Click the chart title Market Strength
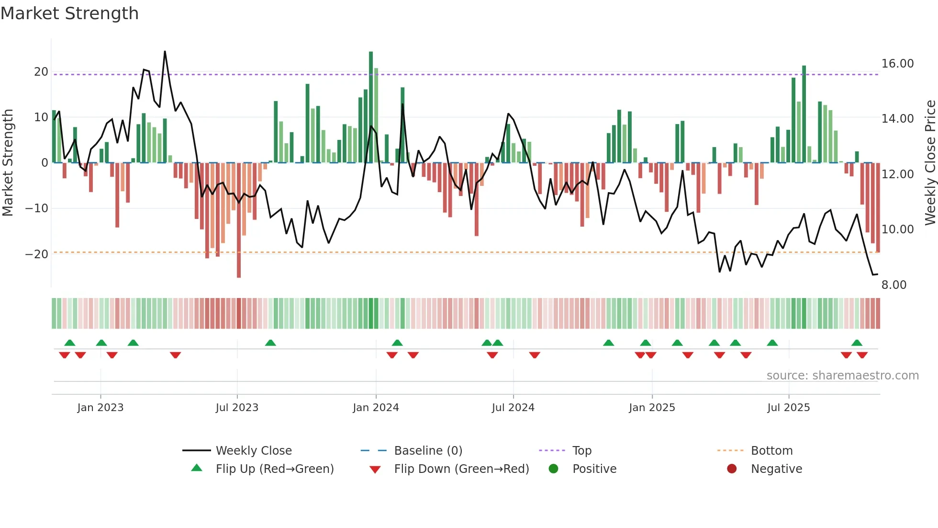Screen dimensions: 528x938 tap(70, 13)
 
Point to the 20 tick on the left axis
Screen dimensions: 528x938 tap(41, 72)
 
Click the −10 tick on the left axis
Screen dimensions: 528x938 tap(37, 208)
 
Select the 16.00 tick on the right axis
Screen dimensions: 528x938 tap(897, 64)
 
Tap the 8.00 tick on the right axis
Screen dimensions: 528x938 tap(893, 285)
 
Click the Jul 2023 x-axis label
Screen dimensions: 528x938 tap(237, 408)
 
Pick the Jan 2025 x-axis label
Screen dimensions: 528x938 tap(652, 408)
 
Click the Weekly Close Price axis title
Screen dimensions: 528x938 tap(930, 163)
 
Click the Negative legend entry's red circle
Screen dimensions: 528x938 tap(732, 469)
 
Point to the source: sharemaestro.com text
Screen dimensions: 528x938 tap(842, 376)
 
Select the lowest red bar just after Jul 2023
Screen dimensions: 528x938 tap(239, 220)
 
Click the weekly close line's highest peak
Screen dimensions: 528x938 tap(165, 52)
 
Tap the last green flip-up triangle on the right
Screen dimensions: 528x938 tap(857, 343)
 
